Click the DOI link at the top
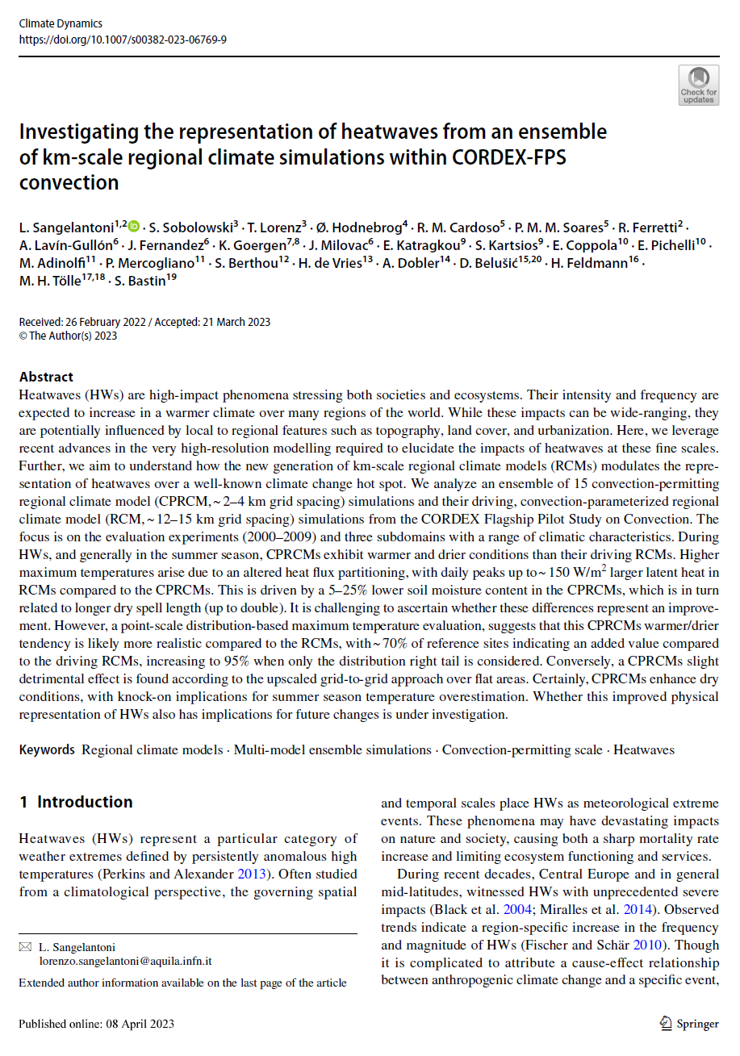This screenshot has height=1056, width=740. pos(123,39)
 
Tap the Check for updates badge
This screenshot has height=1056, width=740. pos(698,86)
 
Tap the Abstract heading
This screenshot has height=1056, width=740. pos(46,377)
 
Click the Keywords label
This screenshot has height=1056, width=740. pos(47,750)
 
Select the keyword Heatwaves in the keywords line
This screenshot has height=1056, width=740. pos(644,750)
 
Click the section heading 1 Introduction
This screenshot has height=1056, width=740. pos(76,802)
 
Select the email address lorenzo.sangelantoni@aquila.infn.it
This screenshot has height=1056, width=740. pos(125,962)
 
